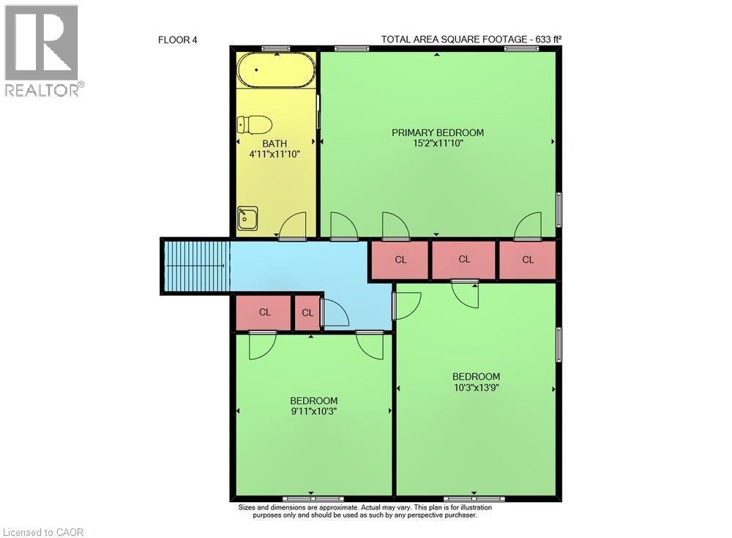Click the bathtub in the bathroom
click(x=276, y=70)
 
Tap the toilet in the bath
click(x=255, y=124)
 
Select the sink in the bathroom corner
click(x=247, y=218)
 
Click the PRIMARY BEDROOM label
click(x=438, y=132)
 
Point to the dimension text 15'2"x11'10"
click(x=438, y=143)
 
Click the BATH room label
click(x=274, y=143)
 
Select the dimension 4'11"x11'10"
click(x=274, y=154)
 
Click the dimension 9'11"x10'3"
click(x=313, y=411)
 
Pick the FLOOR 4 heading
click(x=178, y=40)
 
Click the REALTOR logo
click(x=42, y=51)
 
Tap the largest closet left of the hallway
click(x=264, y=313)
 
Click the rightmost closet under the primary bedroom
click(x=527, y=260)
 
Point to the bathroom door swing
click(x=293, y=225)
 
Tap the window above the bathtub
click(x=275, y=49)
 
